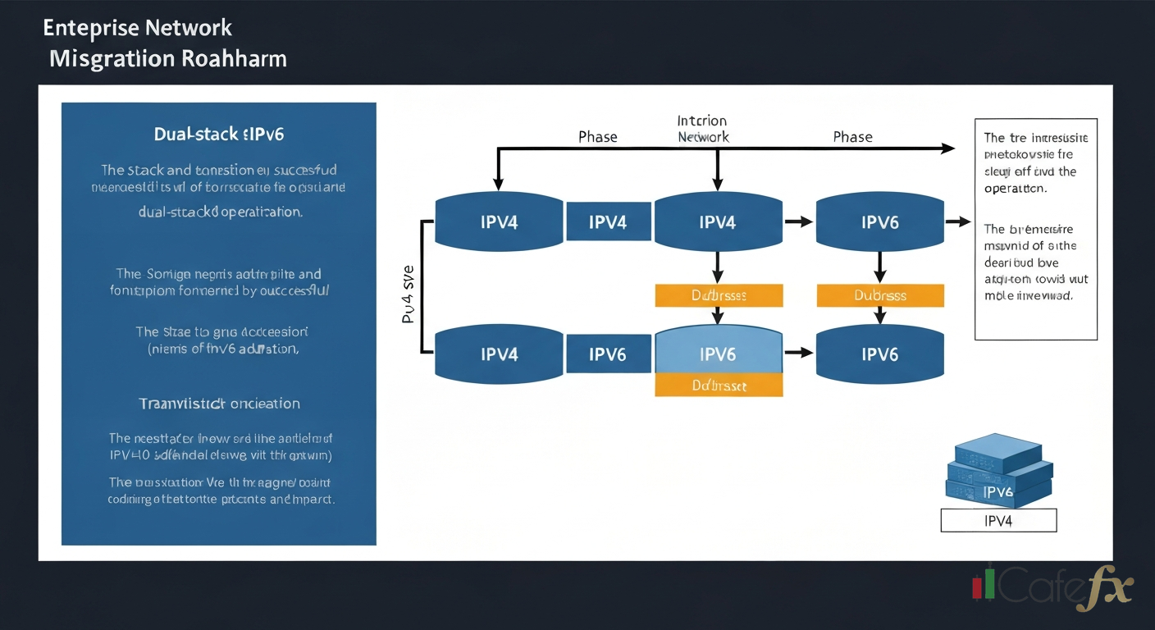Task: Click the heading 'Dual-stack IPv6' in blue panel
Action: click(218, 134)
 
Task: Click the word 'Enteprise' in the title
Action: click(91, 28)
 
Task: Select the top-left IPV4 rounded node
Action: click(498, 222)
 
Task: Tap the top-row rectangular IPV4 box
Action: click(608, 222)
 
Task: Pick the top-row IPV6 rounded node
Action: click(879, 222)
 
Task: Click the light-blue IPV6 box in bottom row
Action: click(718, 354)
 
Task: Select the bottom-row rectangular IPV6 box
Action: click(608, 354)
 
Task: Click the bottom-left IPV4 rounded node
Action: click(498, 354)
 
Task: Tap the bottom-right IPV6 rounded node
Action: click(879, 354)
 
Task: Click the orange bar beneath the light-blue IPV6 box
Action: click(718, 386)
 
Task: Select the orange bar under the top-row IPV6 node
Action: click(880, 295)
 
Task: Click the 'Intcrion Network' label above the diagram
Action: click(703, 129)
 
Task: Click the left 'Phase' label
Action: click(597, 137)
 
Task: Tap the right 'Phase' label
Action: click(852, 137)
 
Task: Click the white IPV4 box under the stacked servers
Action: click(998, 521)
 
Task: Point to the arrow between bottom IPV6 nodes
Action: click(799, 354)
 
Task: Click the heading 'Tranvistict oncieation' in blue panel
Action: click(219, 404)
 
